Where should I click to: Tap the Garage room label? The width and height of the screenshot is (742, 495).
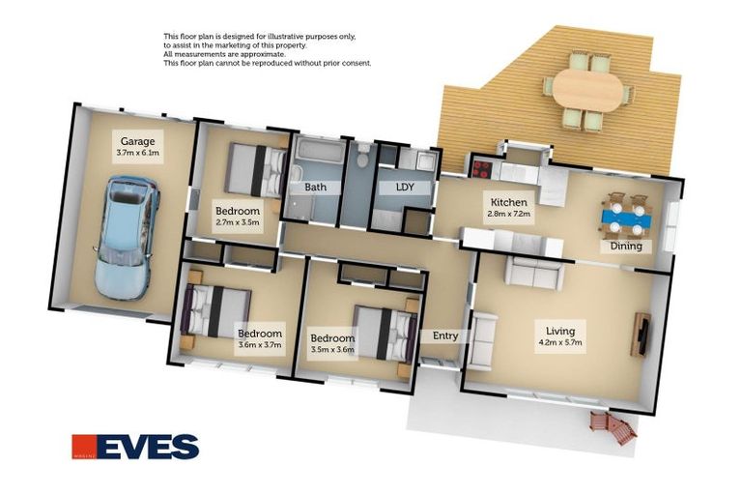coord(137,141)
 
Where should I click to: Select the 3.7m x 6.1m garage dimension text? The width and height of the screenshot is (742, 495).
coord(137,153)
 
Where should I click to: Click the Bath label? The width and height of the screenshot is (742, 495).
coord(315,187)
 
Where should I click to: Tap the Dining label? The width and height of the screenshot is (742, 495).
coord(626,246)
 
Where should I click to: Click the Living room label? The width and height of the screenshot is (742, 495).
coord(560,330)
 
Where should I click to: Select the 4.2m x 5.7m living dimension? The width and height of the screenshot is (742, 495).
coord(560,342)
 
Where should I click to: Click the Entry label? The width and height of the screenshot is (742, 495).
coord(445,336)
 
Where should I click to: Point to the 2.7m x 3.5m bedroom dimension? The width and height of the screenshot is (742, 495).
coord(237,222)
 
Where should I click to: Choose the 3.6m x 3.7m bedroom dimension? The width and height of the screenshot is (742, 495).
coord(260,345)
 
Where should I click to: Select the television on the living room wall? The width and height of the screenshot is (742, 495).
coord(641,334)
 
